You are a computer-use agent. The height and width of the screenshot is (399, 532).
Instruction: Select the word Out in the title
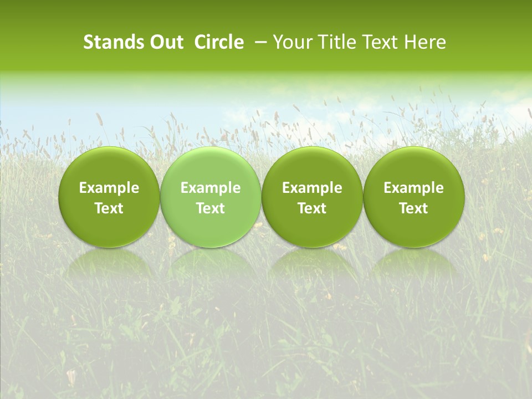click(x=165, y=42)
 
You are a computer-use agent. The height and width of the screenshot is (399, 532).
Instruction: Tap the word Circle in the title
click(x=219, y=42)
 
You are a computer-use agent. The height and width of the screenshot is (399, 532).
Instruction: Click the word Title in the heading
click(x=334, y=42)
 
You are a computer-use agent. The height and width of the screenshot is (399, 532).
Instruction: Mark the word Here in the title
click(x=425, y=42)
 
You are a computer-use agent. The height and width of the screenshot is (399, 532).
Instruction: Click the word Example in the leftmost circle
click(x=109, y=188)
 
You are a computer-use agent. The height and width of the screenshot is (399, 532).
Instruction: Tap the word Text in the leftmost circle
click(x=109, y=208)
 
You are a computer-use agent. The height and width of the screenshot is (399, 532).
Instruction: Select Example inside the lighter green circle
click(x=211, y=188)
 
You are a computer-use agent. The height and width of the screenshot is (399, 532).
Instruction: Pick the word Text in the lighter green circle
click(x=211, y=208)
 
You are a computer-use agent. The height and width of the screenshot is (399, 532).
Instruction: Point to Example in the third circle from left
click(x=312, y=188)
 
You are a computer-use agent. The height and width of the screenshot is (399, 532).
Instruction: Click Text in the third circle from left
click(x=312, y=208)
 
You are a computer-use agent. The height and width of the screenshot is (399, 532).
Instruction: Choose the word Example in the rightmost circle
click(x=413, y=188)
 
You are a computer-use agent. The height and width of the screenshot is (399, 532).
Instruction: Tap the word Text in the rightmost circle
click(x=413, y=208)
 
